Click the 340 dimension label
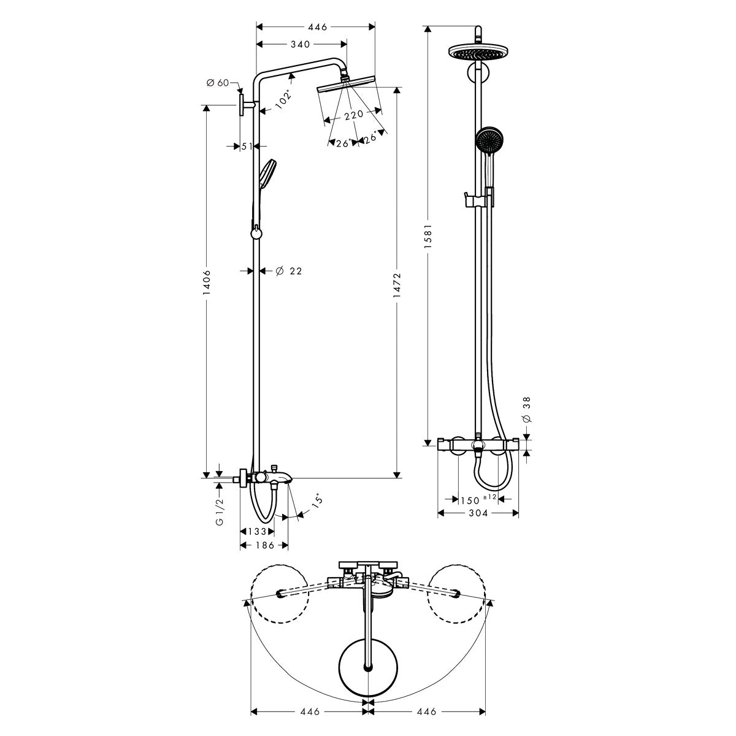pyautogui.click(x=300, y=45)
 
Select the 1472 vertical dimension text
pyautogui.click(x=397, y=285)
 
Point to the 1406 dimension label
pyautogui.click(x=207, y=282)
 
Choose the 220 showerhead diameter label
pyautogui.click(x=354, y=114)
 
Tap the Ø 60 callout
pyautogui.click(x=217, y=83)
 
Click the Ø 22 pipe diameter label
pyautogui.click(x=289, y=271)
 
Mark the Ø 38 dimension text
pyautogui.click(x=527, y=410)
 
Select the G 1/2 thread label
pyautogui.click(x=219, y=512)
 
